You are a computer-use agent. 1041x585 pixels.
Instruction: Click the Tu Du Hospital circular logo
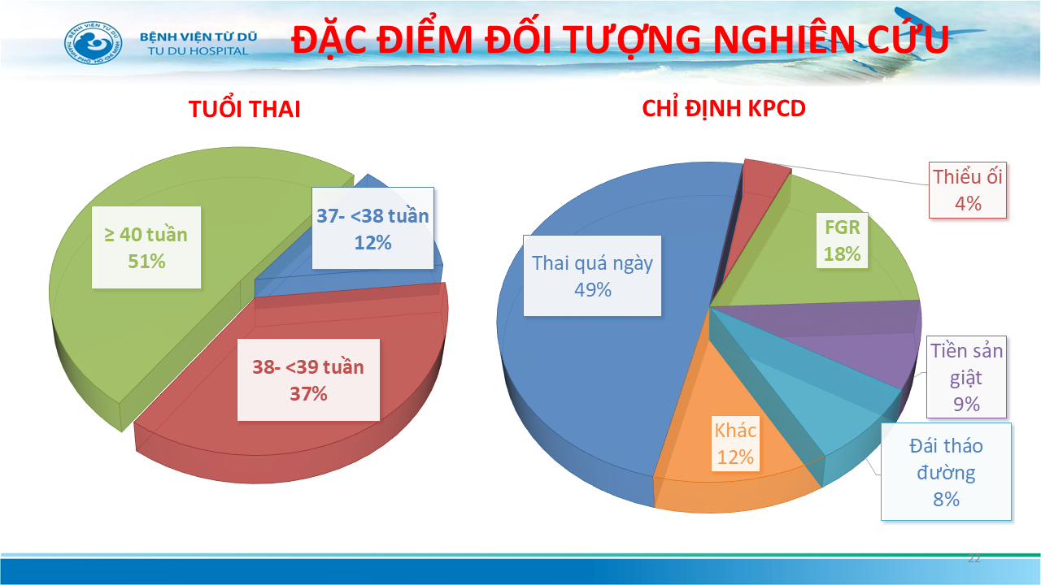click(94, 43)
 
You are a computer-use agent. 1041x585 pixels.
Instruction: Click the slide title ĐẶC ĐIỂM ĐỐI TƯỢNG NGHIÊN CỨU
click(620, 40)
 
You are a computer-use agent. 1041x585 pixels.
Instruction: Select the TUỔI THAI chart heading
click(245, 109)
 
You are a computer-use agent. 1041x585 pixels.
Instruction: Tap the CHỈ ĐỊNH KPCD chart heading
click(724, 109)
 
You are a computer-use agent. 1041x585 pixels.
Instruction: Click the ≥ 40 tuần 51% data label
click(146, 248)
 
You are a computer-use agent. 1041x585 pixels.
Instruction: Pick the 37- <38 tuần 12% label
click(372, 228)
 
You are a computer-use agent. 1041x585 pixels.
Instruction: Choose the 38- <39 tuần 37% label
click(308, 379)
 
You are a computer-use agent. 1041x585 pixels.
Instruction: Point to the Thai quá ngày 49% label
click(592, 275)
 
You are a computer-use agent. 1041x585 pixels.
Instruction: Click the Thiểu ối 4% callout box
click(968, 190)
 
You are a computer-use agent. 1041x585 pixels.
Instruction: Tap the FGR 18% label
click(842, 240)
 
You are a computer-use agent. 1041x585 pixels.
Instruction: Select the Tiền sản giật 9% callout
click(966, 377)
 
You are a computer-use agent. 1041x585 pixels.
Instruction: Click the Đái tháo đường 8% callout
click(946, 471)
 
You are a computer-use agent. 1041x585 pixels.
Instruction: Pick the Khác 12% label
click(735, 444)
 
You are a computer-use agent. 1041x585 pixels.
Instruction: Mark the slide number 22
click(974, 558)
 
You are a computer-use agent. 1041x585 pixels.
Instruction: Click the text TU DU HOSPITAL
click(198, 51)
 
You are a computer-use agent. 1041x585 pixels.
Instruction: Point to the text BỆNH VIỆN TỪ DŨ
click(198, 37)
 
